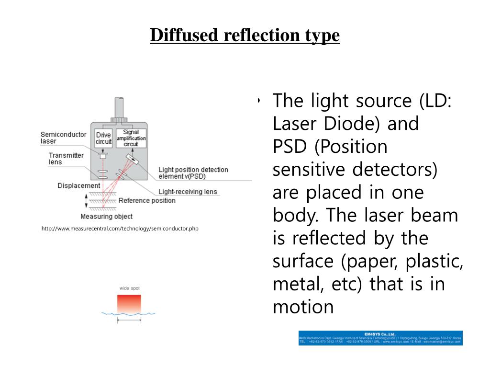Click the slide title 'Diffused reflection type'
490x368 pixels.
pyautogui.click(x=245, y=35)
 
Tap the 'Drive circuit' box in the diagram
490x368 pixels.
pyautogui.click(x=103, y=138)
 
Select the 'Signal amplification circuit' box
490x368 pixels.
pyautogui.click(x=131, y=138)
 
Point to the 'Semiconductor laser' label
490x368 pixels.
pyautogui.click(x=63, y=138)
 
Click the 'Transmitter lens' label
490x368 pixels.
pyautogui.click(x=66, y=159)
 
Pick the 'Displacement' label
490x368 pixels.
pyautogui.click(x=79, y=186)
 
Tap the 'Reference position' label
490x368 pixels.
pyautogui.click(x=147, y=200)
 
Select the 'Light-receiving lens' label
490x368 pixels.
pyautogui.click(x=188, y=192)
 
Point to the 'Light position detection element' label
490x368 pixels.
pyautogui.click(x=193, y=173)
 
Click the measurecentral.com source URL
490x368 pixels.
pyautogui.click(x=120, y=229)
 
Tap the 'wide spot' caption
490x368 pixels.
pyautogui.click(x=129, y=288)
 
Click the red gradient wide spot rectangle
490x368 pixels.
pyautogui.click(x=129, y=303)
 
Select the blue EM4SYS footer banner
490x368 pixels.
pyautogui.click(x=380, y=338)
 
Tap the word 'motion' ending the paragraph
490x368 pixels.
pyautogui.click(x=303, y=307)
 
